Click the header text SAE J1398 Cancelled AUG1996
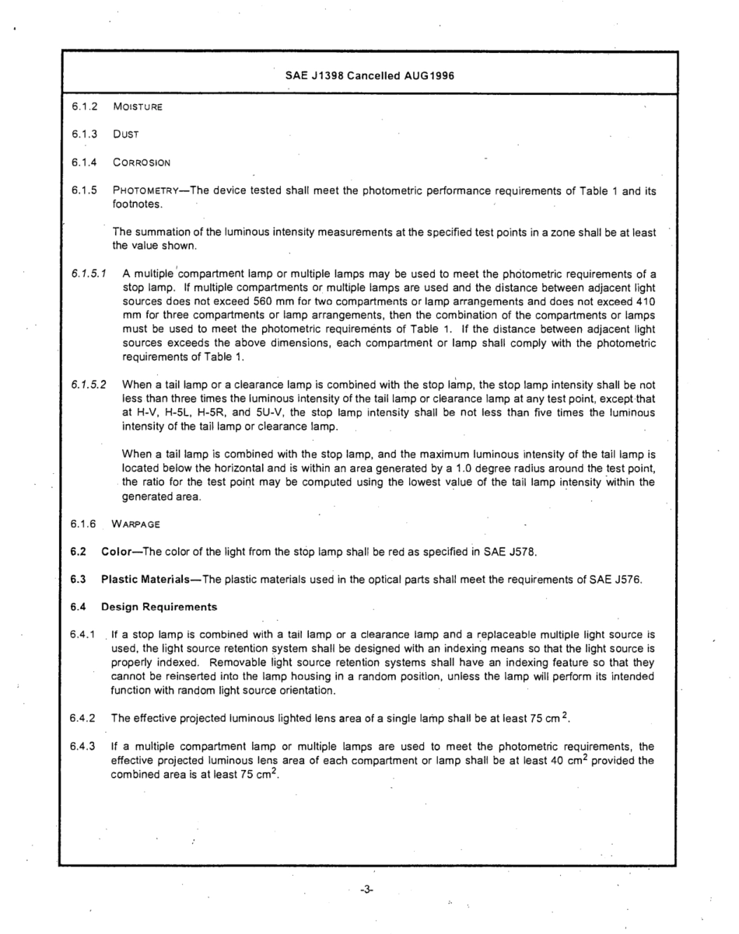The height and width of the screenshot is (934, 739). [x=369, y=76]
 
